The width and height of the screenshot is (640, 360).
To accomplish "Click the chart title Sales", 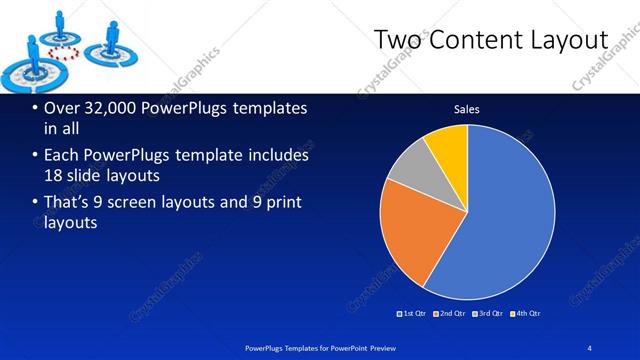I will point(467,109).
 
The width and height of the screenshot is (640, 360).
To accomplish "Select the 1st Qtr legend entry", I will point(413,314).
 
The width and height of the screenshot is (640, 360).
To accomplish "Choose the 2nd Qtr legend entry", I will point(450,314).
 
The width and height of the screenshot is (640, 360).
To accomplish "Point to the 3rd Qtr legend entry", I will point(488,314).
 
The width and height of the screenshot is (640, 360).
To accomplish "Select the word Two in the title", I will point(395,40).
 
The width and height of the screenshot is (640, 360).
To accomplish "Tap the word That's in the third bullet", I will point(69,203).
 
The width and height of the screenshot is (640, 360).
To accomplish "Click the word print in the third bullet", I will point(284,203).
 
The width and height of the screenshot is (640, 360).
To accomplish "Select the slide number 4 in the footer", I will point(590,347).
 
